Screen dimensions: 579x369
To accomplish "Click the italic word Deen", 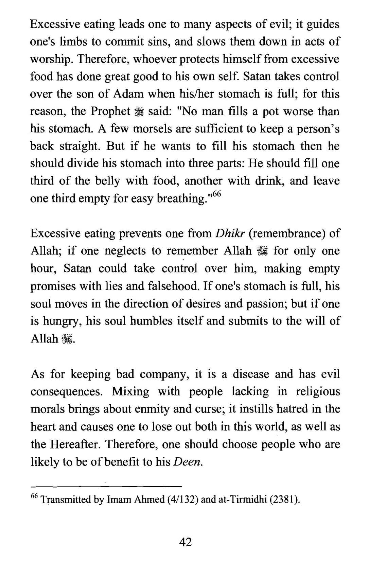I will (x=188, y=462).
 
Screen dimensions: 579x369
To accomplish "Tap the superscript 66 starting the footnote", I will (x=34, y=496).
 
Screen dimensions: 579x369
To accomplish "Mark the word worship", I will (x=51, y=59).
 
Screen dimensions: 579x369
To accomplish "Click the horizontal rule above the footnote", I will (x=106, y=486).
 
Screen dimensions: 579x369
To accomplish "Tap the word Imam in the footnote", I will (x=119, y=499).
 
